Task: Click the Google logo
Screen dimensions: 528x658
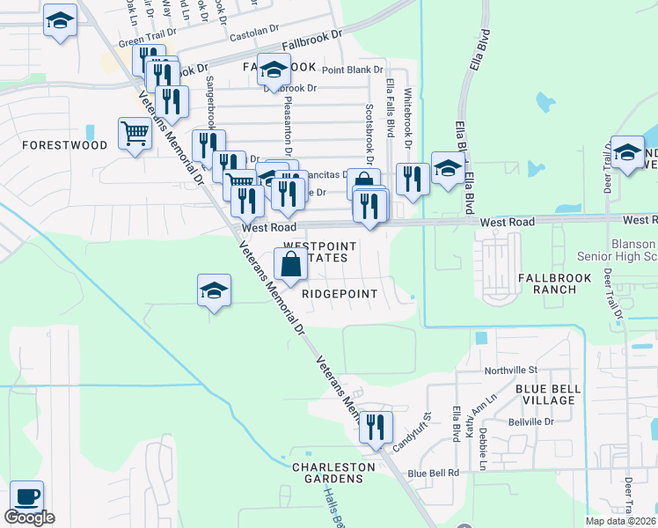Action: point(29,517)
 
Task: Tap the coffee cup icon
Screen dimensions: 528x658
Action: point(26,496)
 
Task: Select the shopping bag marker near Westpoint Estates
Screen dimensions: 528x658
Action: point(290,263)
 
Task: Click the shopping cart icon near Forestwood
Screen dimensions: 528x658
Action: point(135,135)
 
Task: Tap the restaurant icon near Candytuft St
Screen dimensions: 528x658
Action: point(376,428)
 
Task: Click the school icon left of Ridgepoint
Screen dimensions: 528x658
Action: point(214,290)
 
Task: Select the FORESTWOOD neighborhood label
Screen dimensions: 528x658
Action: point(64,145)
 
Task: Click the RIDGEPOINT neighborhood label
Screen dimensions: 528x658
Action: point(340,294)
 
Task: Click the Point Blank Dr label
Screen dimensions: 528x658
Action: point(353,70)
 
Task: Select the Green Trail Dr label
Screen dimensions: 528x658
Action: point(143,41)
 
